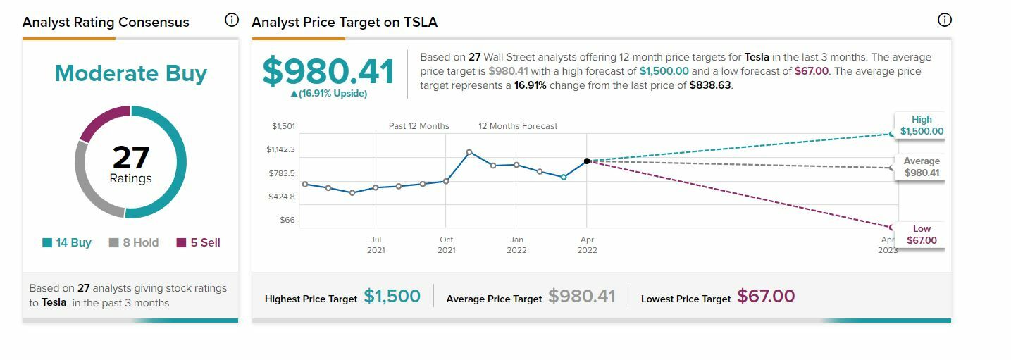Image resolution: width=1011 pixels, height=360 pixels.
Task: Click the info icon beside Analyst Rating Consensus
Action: pos(231,20)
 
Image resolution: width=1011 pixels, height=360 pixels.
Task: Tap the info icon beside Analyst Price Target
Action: pos(944,20)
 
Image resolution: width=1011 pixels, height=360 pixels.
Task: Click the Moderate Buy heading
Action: pos(130,73)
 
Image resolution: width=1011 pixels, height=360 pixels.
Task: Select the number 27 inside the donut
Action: pos(130,157)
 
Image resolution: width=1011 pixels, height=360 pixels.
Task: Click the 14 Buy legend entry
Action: pos(67,242)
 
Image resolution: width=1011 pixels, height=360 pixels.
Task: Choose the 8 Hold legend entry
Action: pos(134,242)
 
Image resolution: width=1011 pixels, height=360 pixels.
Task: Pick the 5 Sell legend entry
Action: pos(198,242)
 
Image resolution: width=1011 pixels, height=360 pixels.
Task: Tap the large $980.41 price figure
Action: pos(328,71)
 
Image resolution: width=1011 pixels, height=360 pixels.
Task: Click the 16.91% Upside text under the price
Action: pos(328,94)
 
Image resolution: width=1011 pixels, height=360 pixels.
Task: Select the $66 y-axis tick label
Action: pos(287,220)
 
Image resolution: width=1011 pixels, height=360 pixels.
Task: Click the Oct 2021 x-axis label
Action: pos(446,245)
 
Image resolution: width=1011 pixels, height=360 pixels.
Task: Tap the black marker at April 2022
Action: pos(587,161)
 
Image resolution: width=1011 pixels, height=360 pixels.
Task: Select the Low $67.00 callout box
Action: pos(922,235)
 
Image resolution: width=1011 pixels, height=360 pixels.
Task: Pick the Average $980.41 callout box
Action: pos(922,167)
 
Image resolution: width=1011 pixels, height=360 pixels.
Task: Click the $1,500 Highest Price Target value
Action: pos(392,297)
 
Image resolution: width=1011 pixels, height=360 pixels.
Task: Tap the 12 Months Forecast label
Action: pos(518,126)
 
